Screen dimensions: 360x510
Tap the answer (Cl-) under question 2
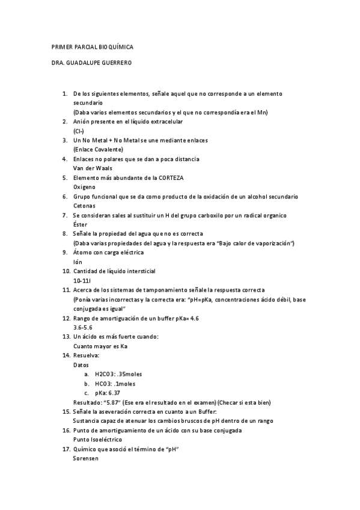pyautogui.click(x=79, y=131)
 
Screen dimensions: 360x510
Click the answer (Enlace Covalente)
pyautogui.click(x=98, y=149)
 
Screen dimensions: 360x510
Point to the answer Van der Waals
pyautogui.click(x=93, y=168)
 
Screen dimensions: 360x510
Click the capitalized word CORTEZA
pyautogui.click(x=169, y=177)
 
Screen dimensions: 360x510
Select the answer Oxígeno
pyautogui.click(x=85, y=186)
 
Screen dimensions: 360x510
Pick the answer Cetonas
pyautogui.click(x=85, y=205)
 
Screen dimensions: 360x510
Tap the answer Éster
pyautogui.click(x=80, y=224)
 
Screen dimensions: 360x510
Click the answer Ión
pyautogui.click(x=78, y=261)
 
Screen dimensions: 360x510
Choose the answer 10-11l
pyautogui.click(x=82, y=280)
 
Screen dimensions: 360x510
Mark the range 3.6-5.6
pyautogui.click(x=83, y=327)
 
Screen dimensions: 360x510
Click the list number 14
pyautogui.click(x=66, y=355)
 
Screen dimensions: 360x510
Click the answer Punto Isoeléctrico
pyautogui.click(x=97, y=439)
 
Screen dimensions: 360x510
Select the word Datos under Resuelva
pyautogui.click(x=81, y=364)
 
